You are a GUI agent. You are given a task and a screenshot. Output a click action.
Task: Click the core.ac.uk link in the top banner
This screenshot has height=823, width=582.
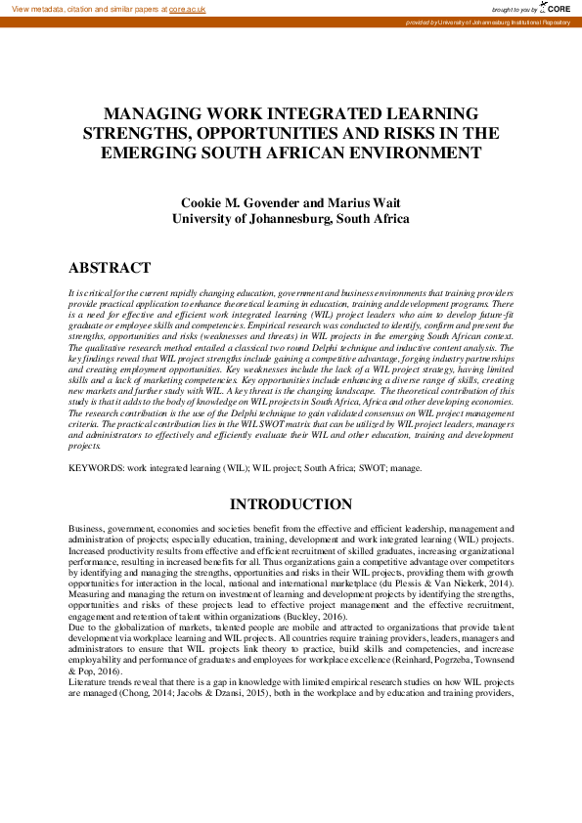(x=188, y=8)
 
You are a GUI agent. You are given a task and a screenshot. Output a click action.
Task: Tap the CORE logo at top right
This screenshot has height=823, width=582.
(x=555, y=8)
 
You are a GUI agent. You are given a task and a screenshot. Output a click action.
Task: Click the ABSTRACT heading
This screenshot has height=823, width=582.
(x=110, y=268)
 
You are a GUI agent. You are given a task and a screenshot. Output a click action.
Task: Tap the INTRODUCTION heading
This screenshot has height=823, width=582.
(x=291, y=504)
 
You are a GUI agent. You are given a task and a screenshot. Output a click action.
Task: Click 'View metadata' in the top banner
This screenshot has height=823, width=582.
(x=34, y=8)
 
